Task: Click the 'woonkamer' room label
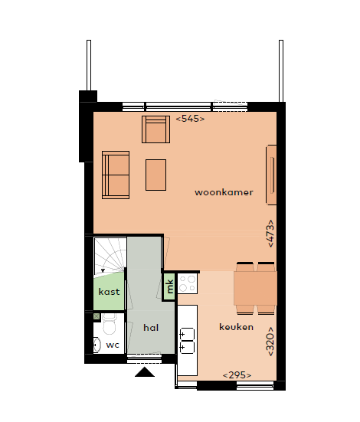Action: (x=224, y=192)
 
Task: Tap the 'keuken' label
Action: (x=236, y=326)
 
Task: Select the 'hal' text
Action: (x=151, y=327)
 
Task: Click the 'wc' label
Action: (x=112, y=345)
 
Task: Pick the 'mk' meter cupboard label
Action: (x=169, y=286)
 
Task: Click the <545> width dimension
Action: (x=190, y=119)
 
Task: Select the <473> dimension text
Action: (x=270, y=232)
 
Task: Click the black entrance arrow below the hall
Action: (x=144, y=373)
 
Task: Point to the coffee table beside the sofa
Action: (x=156, y=175)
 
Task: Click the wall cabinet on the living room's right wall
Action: (x=271, y=175)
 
